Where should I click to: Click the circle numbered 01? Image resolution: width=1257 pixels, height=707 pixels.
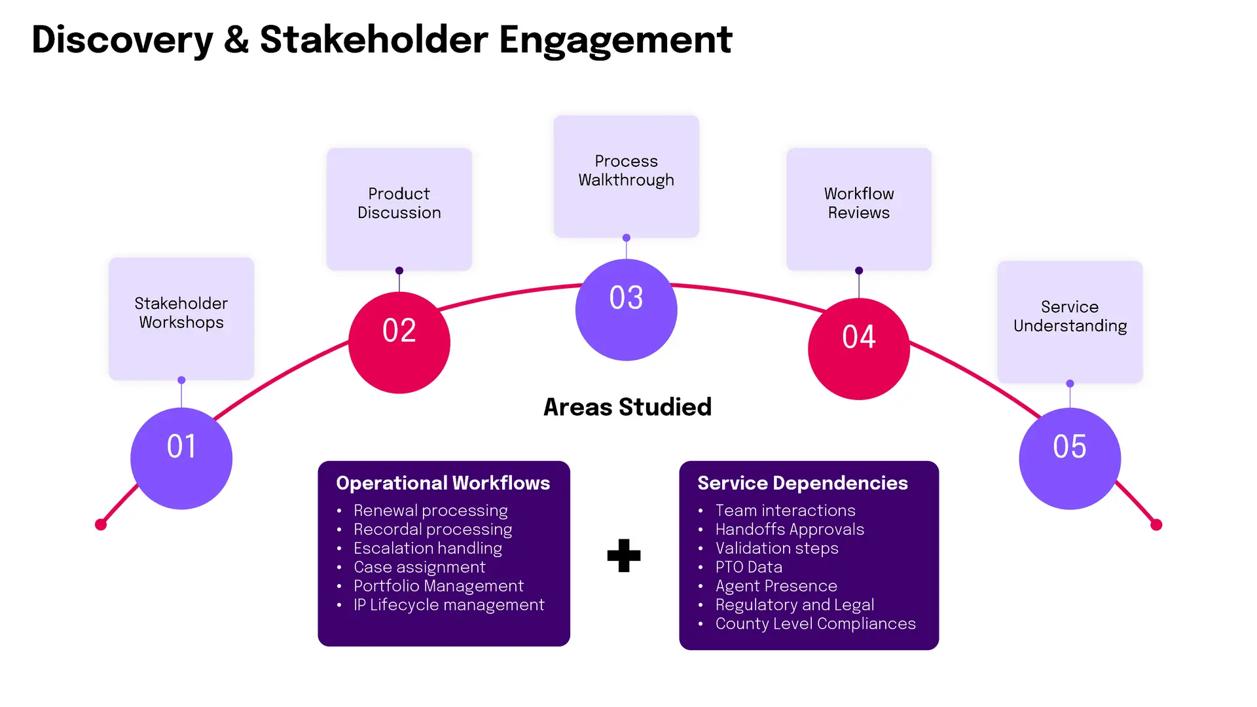[181, 458]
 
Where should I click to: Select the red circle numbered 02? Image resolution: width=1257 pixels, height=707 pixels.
[399, 342]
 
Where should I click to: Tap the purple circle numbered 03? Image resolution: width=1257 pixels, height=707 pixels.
[627, 310]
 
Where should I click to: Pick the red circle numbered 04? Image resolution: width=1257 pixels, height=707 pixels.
[859, 349]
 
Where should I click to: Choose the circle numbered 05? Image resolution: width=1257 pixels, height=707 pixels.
[1070, 458]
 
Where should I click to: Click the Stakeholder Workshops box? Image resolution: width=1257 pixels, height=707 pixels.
[181, 319]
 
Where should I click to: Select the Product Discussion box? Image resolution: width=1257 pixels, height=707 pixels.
[399, 209]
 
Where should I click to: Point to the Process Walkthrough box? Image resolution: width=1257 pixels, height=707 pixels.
[627, 176]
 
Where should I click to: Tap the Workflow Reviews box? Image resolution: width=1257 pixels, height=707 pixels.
[859, 209]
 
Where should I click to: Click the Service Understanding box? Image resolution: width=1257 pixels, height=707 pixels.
[1070, 322]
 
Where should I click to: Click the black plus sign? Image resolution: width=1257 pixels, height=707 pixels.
[624, 555]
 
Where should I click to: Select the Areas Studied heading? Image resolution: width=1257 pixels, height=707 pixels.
[627, 407]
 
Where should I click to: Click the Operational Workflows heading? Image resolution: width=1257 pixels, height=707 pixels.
[443, 483]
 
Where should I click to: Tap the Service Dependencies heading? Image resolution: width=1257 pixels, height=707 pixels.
[803, 483]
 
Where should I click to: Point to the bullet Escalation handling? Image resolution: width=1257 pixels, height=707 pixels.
[428, 549]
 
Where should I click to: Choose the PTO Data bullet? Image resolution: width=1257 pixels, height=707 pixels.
[748, 567]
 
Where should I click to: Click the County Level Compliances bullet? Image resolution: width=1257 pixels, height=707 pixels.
[815, 624]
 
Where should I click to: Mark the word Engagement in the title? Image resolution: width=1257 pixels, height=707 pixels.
[615, 41]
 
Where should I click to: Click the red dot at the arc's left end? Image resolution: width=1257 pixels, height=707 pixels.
[101, 524]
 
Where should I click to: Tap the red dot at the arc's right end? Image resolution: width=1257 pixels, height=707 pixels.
[1156, 524]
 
